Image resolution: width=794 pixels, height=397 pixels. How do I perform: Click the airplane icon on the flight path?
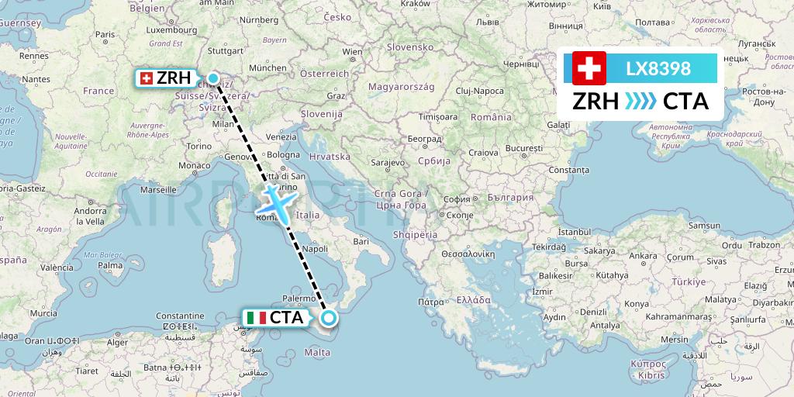(275, 202)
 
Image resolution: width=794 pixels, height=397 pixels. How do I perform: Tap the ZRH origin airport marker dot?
(213, 78)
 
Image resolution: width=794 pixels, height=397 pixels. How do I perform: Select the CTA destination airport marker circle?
(329, 317)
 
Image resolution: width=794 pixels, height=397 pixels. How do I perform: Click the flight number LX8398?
(658, 68)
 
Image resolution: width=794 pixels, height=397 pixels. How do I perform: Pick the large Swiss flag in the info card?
(589, 68)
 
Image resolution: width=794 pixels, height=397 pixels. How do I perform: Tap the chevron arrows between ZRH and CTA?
(640, 102)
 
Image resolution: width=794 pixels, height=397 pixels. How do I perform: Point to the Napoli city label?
(315, 250)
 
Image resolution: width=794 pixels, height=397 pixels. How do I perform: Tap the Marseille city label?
(159, 188)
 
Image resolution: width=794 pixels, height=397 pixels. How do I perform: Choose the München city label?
(268, 68)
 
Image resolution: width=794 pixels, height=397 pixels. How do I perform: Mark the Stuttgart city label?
(226, 51)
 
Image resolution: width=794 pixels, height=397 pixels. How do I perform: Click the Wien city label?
(352, 52)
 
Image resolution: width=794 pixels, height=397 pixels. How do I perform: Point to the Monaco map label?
(194, 165)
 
